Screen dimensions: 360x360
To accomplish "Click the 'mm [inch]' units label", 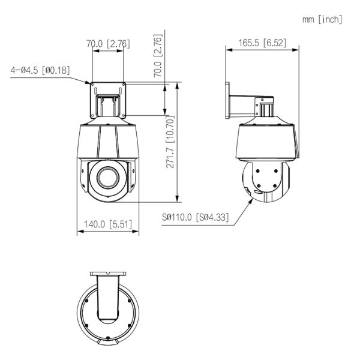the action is pyautogui.click(x=322, y=20).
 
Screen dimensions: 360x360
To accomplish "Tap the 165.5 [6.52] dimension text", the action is pyautogui.click(x=262, y=43).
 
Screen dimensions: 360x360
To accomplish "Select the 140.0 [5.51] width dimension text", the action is pyautogui.click(x=108, y=224).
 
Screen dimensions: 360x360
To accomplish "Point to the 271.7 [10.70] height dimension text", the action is pyautogui.click(x=170, y=142).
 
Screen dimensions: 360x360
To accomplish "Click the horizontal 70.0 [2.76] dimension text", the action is pyautogui.click(x=108, y=44).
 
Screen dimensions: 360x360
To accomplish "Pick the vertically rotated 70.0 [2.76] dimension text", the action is pyautogui.click(x=158, y=56).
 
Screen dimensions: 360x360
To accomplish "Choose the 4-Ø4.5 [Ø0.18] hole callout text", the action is pyautogui.click(x=40, y=70).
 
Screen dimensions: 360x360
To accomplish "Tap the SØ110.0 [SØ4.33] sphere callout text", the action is pyautogui.click(x=196, y=217).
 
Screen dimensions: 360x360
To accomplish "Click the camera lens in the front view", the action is pyautogui.click(x=108, y=177).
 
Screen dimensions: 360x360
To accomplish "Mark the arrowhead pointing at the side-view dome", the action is pyautogui.click(x=250, y=202).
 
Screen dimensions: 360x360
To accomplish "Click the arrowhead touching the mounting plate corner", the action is pyautogui.click(x=88, y=82).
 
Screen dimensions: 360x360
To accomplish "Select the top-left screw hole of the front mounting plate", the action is pyautogui.click(x=92, y=85).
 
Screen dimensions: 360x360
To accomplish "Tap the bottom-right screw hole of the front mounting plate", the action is pyautogui.click(x=124, y=115).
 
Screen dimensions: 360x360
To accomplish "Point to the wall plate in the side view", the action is pyautogui.click(x=227, y=100).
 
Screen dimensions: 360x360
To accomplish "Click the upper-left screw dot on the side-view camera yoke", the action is pyautogui.click(x=257, y=171).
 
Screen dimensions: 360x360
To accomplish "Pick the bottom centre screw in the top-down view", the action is pyautogui.click(x=107, y=338).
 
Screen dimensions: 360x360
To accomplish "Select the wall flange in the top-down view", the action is pyautogui.click(x=108, y=274).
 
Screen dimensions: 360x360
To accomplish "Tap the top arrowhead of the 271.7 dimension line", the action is pyautogui.click(x=177, y=85).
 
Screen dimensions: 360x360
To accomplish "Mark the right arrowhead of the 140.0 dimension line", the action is pyautogui.click(x=136, y=231).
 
